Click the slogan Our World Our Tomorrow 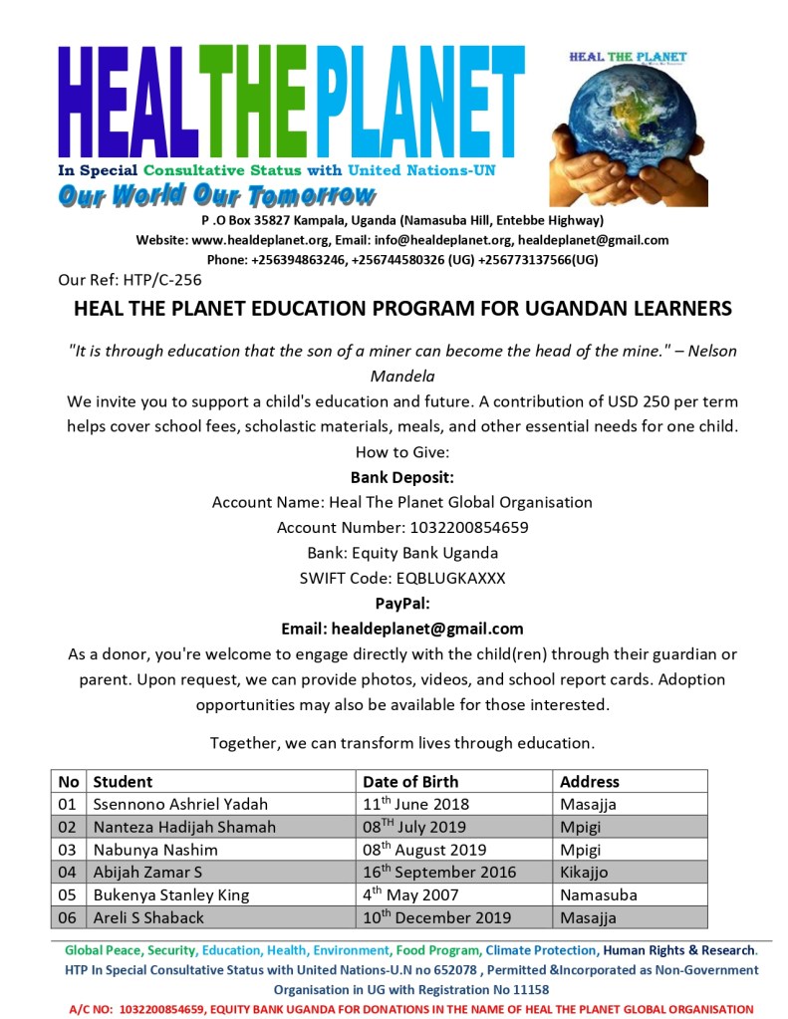pyautogui.click(x=216, y=195)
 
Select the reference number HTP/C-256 pyautogui.click(x=162, y=280)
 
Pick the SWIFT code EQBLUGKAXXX pyautogui.click(x=437, y=578)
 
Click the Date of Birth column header pyautogui.click(x=410, y=782)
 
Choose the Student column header pyautogui.click(x=123, y=782)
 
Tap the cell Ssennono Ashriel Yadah pyautogui.click(x=180, y=804)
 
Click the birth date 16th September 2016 pyautogui.click(x=439, y=873)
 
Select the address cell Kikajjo pyautogui.click(x=588, y=873)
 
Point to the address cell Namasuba pyautogui.click(x=599, y=894)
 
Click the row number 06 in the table pyautogui.click(x=67, y=917)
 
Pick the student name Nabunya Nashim pyautogui.click(x=155, y=850)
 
